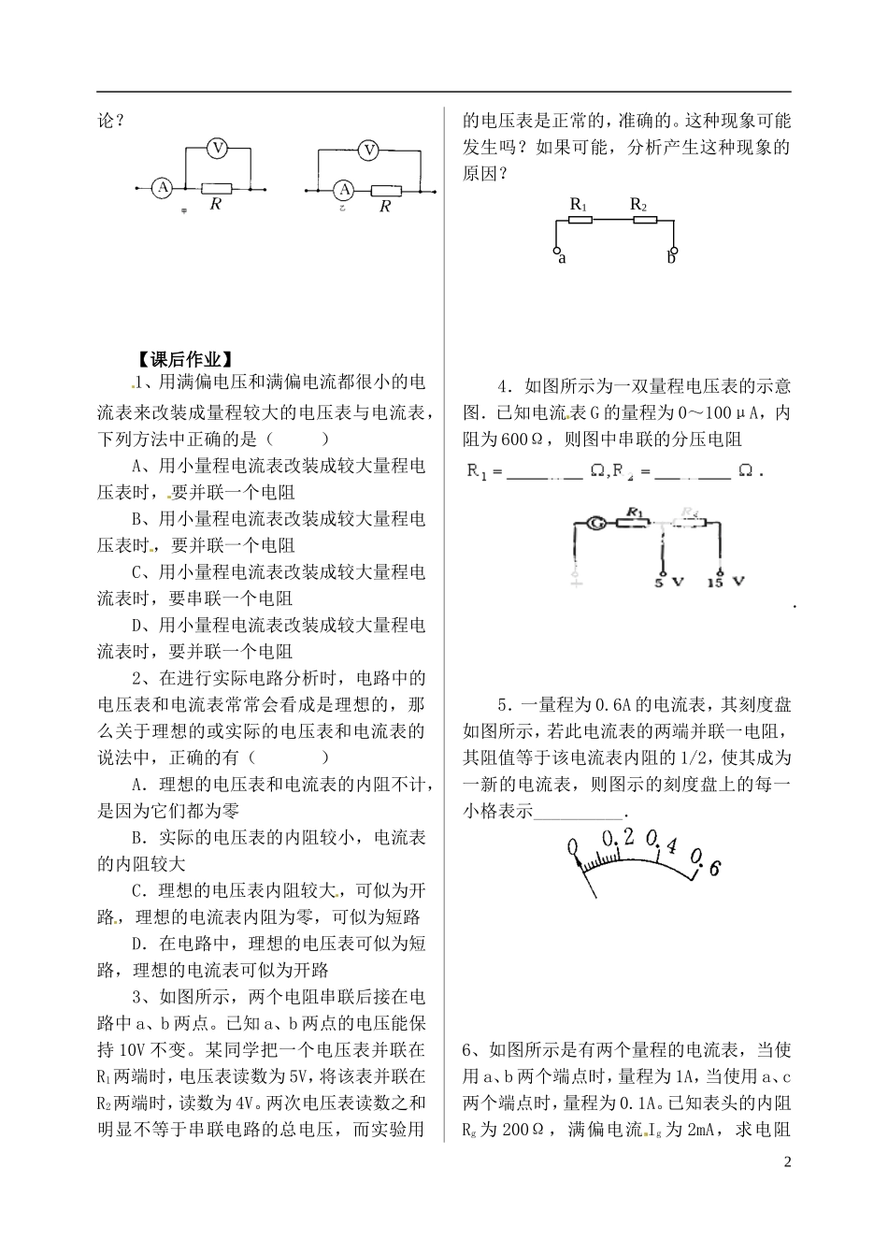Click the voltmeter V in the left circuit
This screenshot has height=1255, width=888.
click(218, 148)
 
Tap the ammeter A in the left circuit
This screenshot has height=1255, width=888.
click(163, 188)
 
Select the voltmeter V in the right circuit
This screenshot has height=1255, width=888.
click(369, 149)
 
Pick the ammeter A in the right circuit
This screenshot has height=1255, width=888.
click(344, 190)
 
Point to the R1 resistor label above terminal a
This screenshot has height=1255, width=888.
click(578, 205)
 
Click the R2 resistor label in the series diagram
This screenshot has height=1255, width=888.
click(639, 204)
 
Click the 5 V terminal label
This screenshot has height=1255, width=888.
click(667, 582)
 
